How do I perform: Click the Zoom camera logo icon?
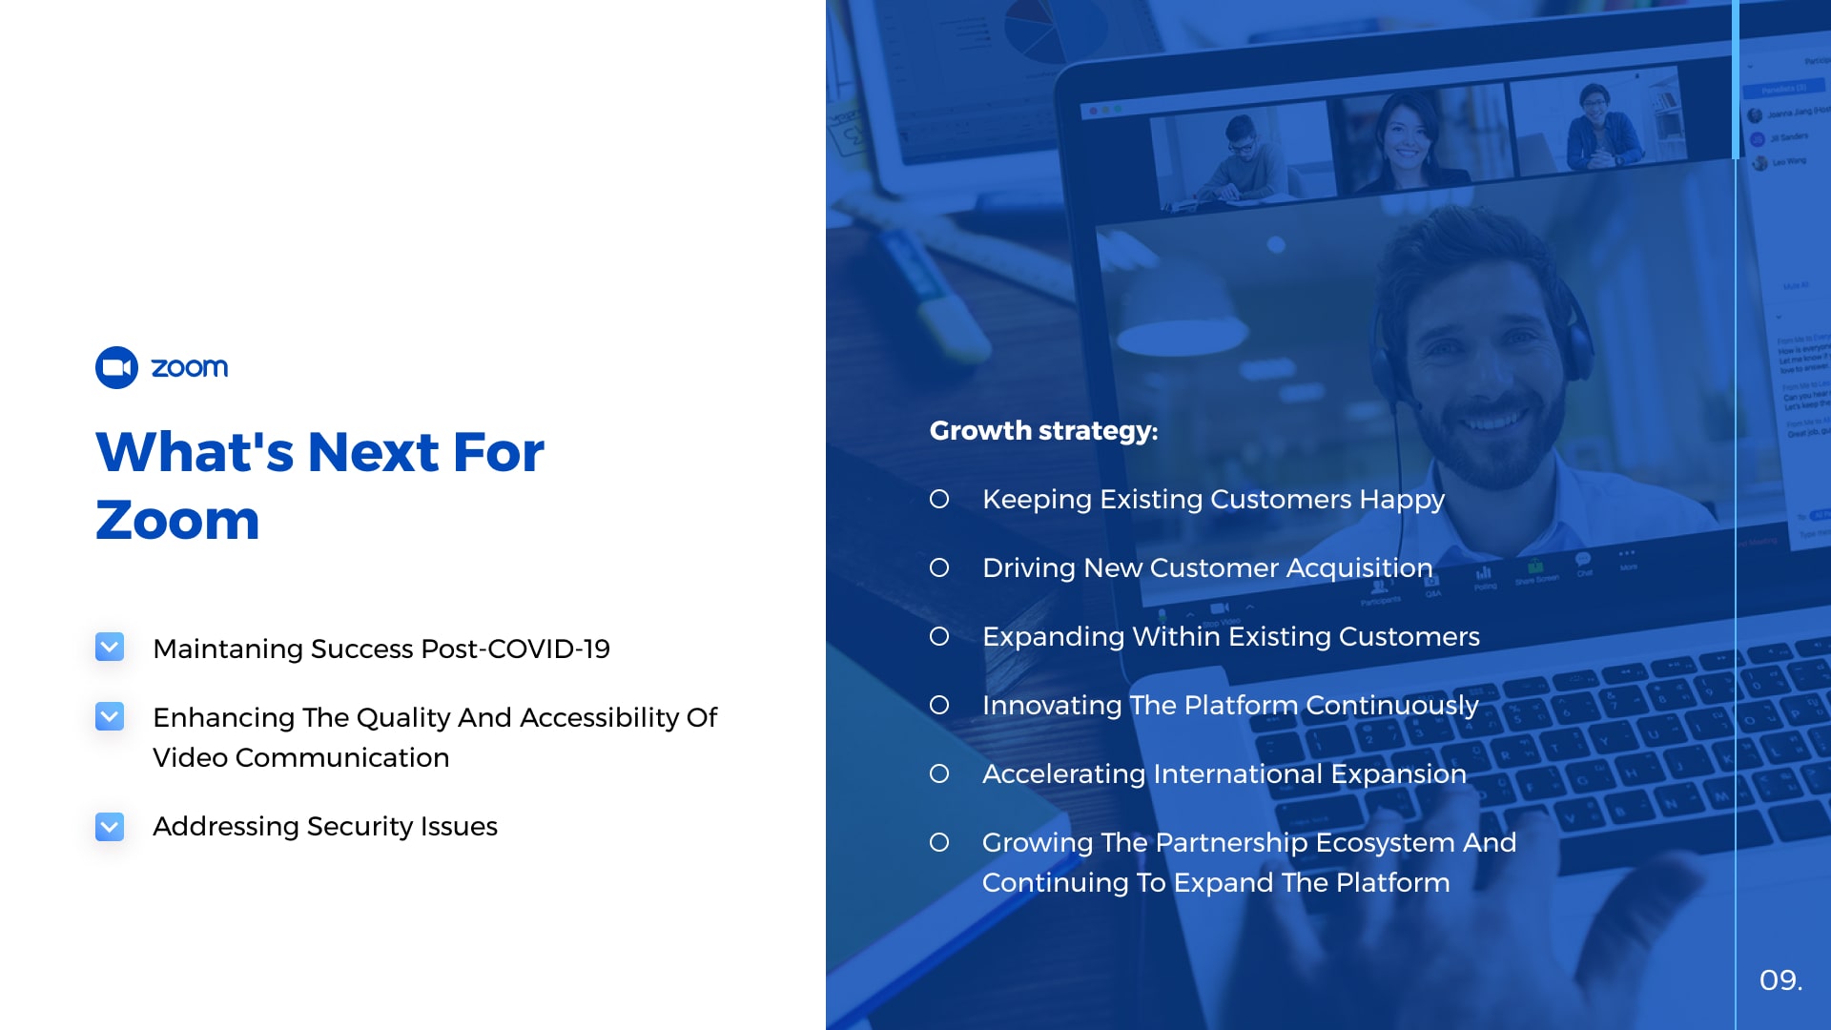[x=117, y=367]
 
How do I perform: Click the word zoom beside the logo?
[x=190, y=368]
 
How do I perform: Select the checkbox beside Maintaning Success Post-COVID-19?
[x=110, y=648]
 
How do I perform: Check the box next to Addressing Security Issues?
[x=110, y=827]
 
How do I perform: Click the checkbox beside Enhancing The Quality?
[x=110, y=716]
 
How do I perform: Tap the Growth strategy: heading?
[x=1044, y=431]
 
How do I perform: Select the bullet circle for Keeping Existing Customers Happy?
[x=939, y=499]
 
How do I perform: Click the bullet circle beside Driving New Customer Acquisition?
[x=939, y=567]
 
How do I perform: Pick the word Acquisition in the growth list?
[x=1360, y=568]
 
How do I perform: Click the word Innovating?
[x=1053, y=706]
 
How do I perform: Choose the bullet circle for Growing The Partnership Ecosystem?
[x=939, y=842]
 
